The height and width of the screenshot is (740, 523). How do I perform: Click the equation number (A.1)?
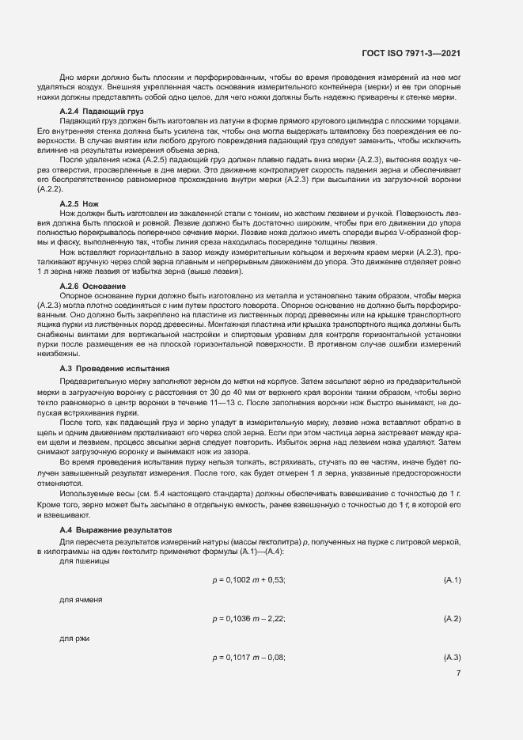pyautogui.click(x=453, y=580)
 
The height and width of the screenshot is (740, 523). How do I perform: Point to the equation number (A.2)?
pyautogui.click(x=453, y=618)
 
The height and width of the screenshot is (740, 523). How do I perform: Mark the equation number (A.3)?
pyautogui.click(x=453, y=657)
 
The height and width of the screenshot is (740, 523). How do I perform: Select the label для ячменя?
pyautogui.click(x=81, y=600)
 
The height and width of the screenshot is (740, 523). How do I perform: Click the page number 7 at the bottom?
pyautogui.click(x=458, y=674)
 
